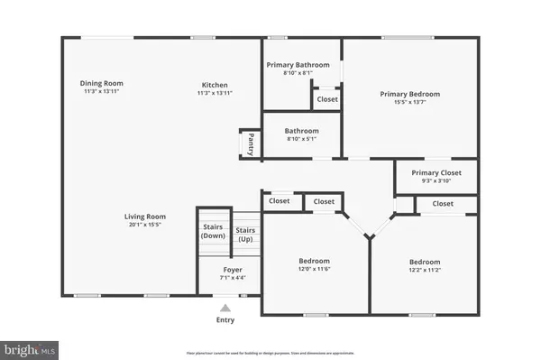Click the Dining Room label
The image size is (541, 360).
(102, 83)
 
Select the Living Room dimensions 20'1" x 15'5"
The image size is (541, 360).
(144, 225)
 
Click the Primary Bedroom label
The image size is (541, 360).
(409, 94)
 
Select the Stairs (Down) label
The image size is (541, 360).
(213, 231)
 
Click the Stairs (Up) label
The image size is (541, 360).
(245, 235)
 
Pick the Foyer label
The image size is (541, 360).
(233, 268)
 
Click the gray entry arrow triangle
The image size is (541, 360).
(225, 307)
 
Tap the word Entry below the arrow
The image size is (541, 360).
(225, 320)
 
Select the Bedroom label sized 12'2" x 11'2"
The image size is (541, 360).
(424, 262)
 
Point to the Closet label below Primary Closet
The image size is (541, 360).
(443, 204)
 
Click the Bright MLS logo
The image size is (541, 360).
(31, 346)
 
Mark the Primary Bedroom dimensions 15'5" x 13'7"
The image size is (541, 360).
(409, 102)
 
